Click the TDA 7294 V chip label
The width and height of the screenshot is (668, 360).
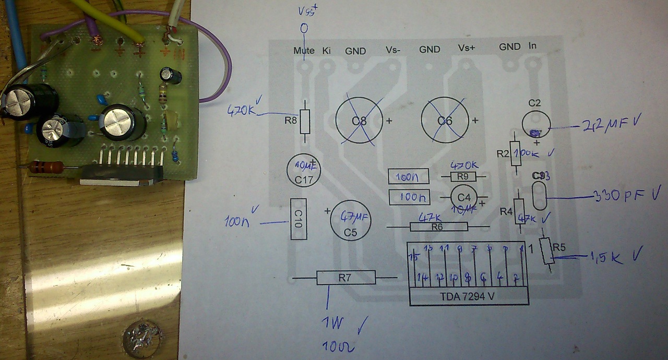[x=468, y=297]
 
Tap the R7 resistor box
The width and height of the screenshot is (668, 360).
[x=346, y=278]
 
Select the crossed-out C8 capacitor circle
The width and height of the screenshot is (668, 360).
[x=360, y=121]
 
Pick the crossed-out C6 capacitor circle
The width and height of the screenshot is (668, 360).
[x=445, y=121]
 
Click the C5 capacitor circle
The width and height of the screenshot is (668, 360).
[x=351, y=221]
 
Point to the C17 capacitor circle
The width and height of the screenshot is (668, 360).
[x=303, y=171]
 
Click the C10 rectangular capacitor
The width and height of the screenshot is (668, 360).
[x=298, y=219]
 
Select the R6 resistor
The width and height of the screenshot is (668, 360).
[x=438, y=226]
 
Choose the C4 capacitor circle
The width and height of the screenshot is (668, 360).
[x=464, y=198]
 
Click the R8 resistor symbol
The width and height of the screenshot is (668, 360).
[x=305, y=121]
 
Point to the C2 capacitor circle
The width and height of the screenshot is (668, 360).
[x=537, y=124]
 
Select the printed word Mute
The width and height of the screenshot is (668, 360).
[x=304, y=51]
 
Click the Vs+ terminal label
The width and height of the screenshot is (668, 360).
[x=467, y=48]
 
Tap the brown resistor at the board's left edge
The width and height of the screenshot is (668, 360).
[x=47, y=167]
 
